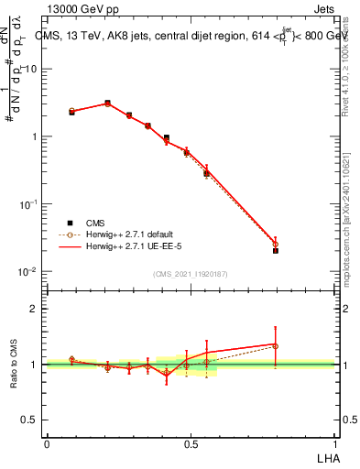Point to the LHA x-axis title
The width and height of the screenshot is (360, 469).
click(326, 458)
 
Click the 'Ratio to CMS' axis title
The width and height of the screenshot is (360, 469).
click(15, 364)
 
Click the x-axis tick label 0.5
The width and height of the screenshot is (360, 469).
click(191, 442)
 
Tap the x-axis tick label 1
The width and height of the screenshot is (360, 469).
click(334, 442)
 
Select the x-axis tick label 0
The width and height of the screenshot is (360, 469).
click(47, 442)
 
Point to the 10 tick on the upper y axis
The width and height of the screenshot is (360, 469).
click(29, 70)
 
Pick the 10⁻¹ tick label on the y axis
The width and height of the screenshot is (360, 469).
click(28, 204)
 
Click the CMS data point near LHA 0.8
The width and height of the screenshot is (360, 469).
click(276, 250)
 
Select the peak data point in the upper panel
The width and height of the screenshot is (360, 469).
click(107, 104)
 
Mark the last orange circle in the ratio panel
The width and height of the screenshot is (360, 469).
click(276, 346)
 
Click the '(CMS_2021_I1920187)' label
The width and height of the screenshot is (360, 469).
click(191, 274)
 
